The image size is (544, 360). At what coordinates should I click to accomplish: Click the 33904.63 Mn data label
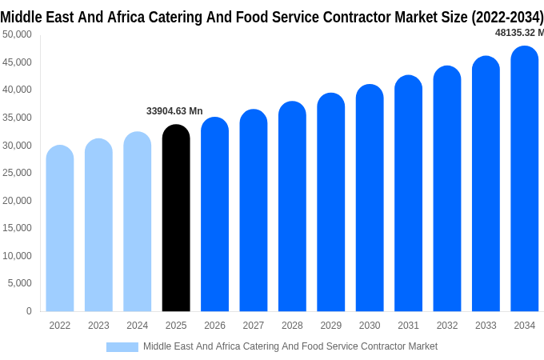pyautogui.click(x=174, y=111)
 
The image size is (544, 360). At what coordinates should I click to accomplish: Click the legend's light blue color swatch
pyautogui.click(x=122, y=346)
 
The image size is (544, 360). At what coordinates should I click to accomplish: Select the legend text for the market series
pyautogui.click(x=290, y=346)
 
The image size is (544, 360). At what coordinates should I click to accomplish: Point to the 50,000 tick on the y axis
pyautogui.click(x=17, y=34)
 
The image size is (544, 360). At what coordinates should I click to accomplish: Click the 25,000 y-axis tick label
pyautogui.click(x=17, y=173)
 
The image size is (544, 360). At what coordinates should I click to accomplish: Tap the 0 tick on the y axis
pyautogui.click(x=29, y=311)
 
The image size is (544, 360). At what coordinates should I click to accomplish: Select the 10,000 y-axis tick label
pyautogui.click(x=17, y=256)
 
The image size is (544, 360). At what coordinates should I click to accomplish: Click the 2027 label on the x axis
pyautogui.click(x=254, y=326)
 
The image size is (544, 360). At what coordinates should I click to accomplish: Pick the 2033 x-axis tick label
pyautogui.click(x=486, y=326)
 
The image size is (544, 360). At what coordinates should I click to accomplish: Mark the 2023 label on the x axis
pyautogui.click(x=98, y=326)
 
